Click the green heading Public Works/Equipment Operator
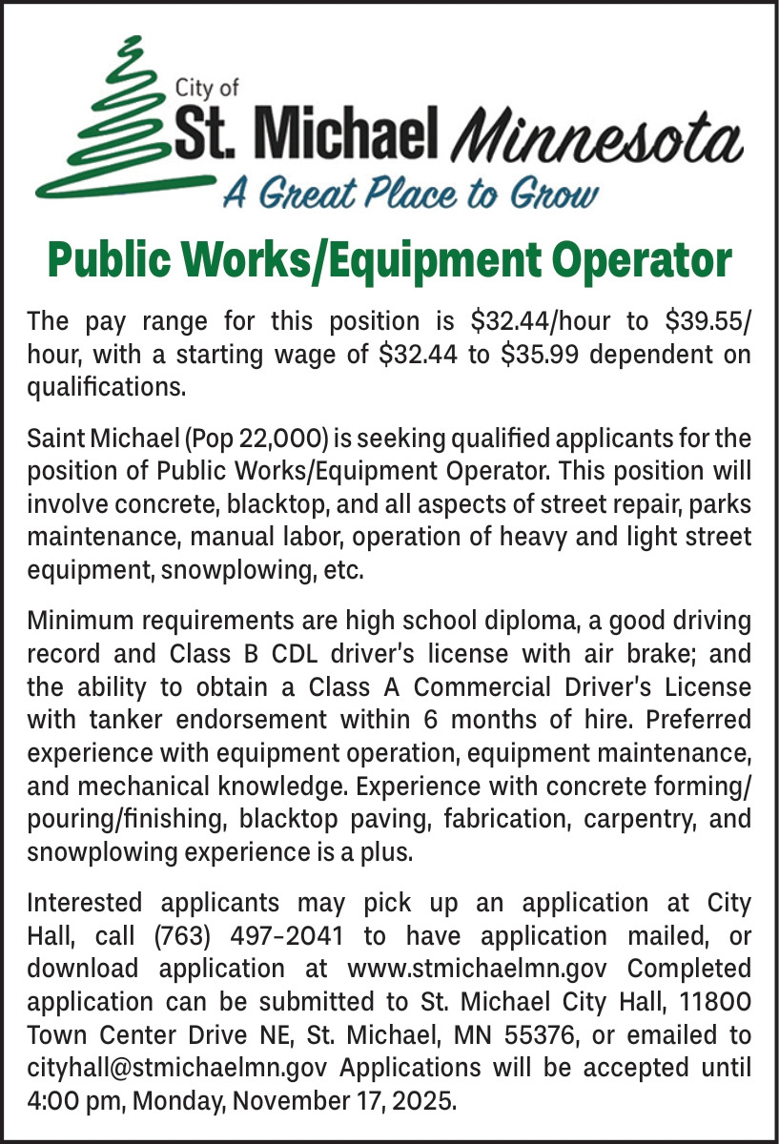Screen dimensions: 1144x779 [x=389, y=259]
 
